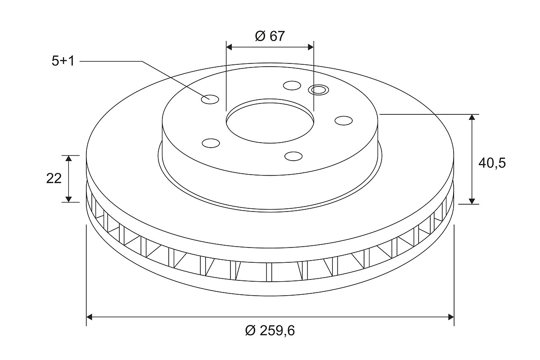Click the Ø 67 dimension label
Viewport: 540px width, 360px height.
coord(270,36)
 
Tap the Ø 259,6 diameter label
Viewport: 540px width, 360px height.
coord(270,330)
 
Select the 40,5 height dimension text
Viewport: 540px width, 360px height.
coord(492,163)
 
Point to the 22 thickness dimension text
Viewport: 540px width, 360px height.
coord(54,179)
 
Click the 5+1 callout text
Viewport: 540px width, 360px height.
coord(63,61)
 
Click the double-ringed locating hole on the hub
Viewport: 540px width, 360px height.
coord(319,90)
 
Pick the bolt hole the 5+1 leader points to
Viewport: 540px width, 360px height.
coord(210,99)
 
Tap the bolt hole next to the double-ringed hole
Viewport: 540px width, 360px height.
coord(292,85)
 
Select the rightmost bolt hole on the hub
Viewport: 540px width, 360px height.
coord(344,121)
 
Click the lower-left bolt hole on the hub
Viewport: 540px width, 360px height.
coord(211,143)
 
